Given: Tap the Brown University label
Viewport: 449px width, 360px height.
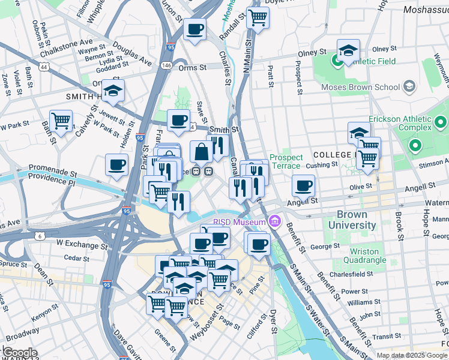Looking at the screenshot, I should click(x=356, y=220).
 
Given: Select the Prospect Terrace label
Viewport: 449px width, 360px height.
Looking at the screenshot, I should click(x=286, y=161).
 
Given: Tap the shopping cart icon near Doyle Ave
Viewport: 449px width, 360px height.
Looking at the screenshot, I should click(x=258, y=18).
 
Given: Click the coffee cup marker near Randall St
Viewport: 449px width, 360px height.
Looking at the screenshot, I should click(x=194, y=30).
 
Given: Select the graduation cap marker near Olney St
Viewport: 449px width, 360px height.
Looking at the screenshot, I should click(x=348, y=52).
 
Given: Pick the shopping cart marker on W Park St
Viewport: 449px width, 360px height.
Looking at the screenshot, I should click(x=61, y=121).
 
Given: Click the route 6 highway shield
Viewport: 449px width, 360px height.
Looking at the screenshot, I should click(x=40, y=237).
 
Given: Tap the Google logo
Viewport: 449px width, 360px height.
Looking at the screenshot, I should click(x=19, y=353).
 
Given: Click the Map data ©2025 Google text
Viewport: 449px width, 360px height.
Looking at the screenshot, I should click(x=412, y=355).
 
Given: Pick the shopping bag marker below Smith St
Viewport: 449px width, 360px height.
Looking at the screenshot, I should click(x=202, y=152).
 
